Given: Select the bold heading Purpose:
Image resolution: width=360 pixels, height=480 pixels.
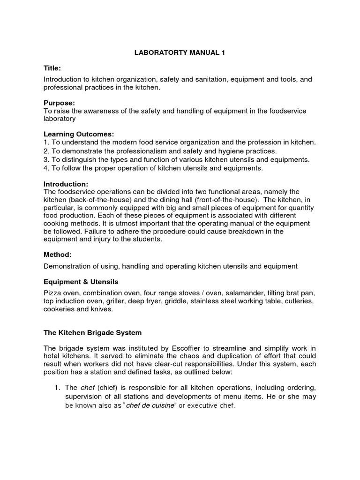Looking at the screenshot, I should [x=60, y=103].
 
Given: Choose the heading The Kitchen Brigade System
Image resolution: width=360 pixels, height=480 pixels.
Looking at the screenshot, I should [x=92, y=332].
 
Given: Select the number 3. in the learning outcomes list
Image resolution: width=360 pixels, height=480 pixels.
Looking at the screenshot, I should [x=46, y=159].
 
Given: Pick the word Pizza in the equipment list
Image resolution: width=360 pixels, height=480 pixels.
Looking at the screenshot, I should [x=52, y=292].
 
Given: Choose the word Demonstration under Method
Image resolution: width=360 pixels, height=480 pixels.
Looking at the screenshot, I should [x=67, y=266].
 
